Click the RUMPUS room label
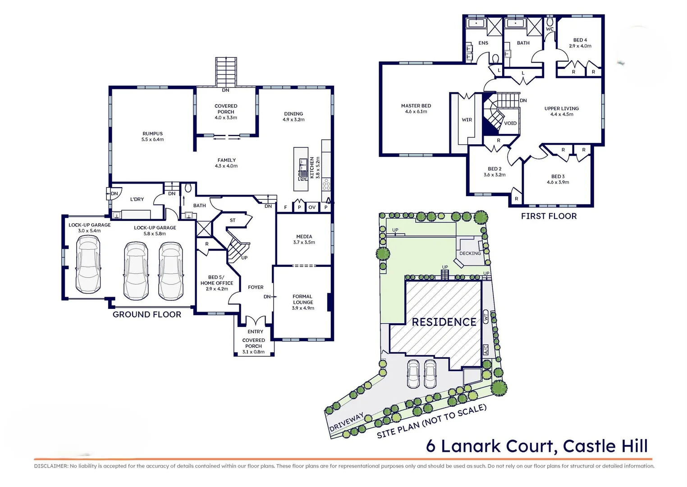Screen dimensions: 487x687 (x=152, y=134)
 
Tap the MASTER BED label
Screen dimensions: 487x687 (x=416, y=106)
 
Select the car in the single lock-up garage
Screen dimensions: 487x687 (x=88, y=265)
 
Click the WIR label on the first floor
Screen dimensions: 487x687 (x=467, y=120)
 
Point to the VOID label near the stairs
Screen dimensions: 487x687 (x=510, y=123)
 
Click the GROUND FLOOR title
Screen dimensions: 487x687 (x=147, y=315)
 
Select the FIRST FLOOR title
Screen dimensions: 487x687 (x=549, y=216)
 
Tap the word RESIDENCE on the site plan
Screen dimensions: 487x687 (x=444, y=322)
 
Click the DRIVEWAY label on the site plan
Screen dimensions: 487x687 (x=346, y=423)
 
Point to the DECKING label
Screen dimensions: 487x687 (x=470, y=253)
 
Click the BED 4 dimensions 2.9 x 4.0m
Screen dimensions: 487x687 (x=580, y=46)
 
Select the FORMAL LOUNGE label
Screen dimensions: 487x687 (x=302, y=299)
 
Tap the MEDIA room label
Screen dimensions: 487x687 (x=304, y=236)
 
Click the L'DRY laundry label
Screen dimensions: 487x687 (x=137, y=199)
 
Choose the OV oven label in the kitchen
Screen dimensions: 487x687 (x=312, y=207)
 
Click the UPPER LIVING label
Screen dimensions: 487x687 (x=561, y=109)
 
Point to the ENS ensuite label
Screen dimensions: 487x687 (x=483, y=43)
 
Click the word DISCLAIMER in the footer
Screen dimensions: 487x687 (x=50, y=466)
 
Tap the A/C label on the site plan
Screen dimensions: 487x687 (x=485, y=349)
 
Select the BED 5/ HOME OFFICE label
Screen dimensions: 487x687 (x=217, y=280)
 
